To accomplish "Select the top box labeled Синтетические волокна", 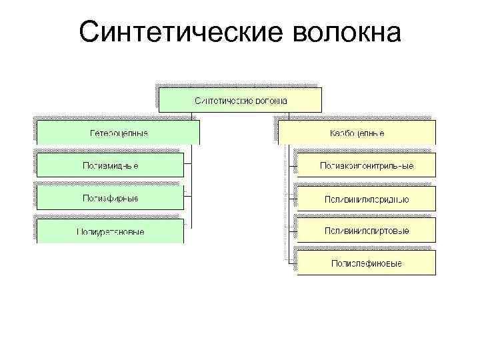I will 240,100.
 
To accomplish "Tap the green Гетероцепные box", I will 118,133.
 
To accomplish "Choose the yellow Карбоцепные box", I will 357,133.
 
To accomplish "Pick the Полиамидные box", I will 110,165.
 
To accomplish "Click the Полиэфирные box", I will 110,198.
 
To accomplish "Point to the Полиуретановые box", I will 110,231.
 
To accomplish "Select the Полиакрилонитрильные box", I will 366,165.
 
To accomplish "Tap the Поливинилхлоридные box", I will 366,198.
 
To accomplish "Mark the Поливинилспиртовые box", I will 366,231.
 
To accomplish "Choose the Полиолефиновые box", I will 366,263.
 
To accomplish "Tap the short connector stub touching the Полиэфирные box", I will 188,197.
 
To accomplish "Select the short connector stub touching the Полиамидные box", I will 188,164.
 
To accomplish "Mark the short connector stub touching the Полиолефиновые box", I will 293,263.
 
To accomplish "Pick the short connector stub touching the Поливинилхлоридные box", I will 293,197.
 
